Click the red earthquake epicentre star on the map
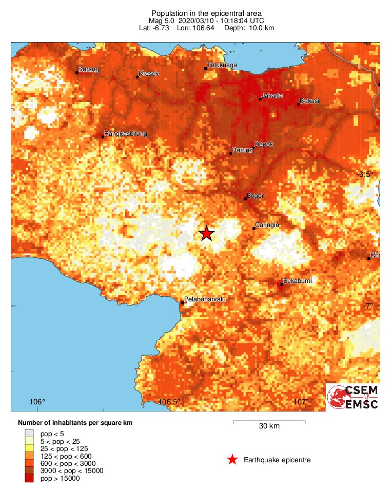[x=206, y=233]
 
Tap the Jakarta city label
[x=272, y=96]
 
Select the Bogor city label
[x=255, y=196]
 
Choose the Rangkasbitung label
[x=126, y=134]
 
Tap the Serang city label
[x=88, y=69]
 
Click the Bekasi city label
[x=309, y=101]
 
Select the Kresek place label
[x=149, y=74]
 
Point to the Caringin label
[x=267, y=225]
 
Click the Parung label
[x=243, y=150]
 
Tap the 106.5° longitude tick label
[x=169, y=401]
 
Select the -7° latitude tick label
[x=367, y=306]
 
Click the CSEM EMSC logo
[x=353, y=397]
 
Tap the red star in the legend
[x=232, y=460]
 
